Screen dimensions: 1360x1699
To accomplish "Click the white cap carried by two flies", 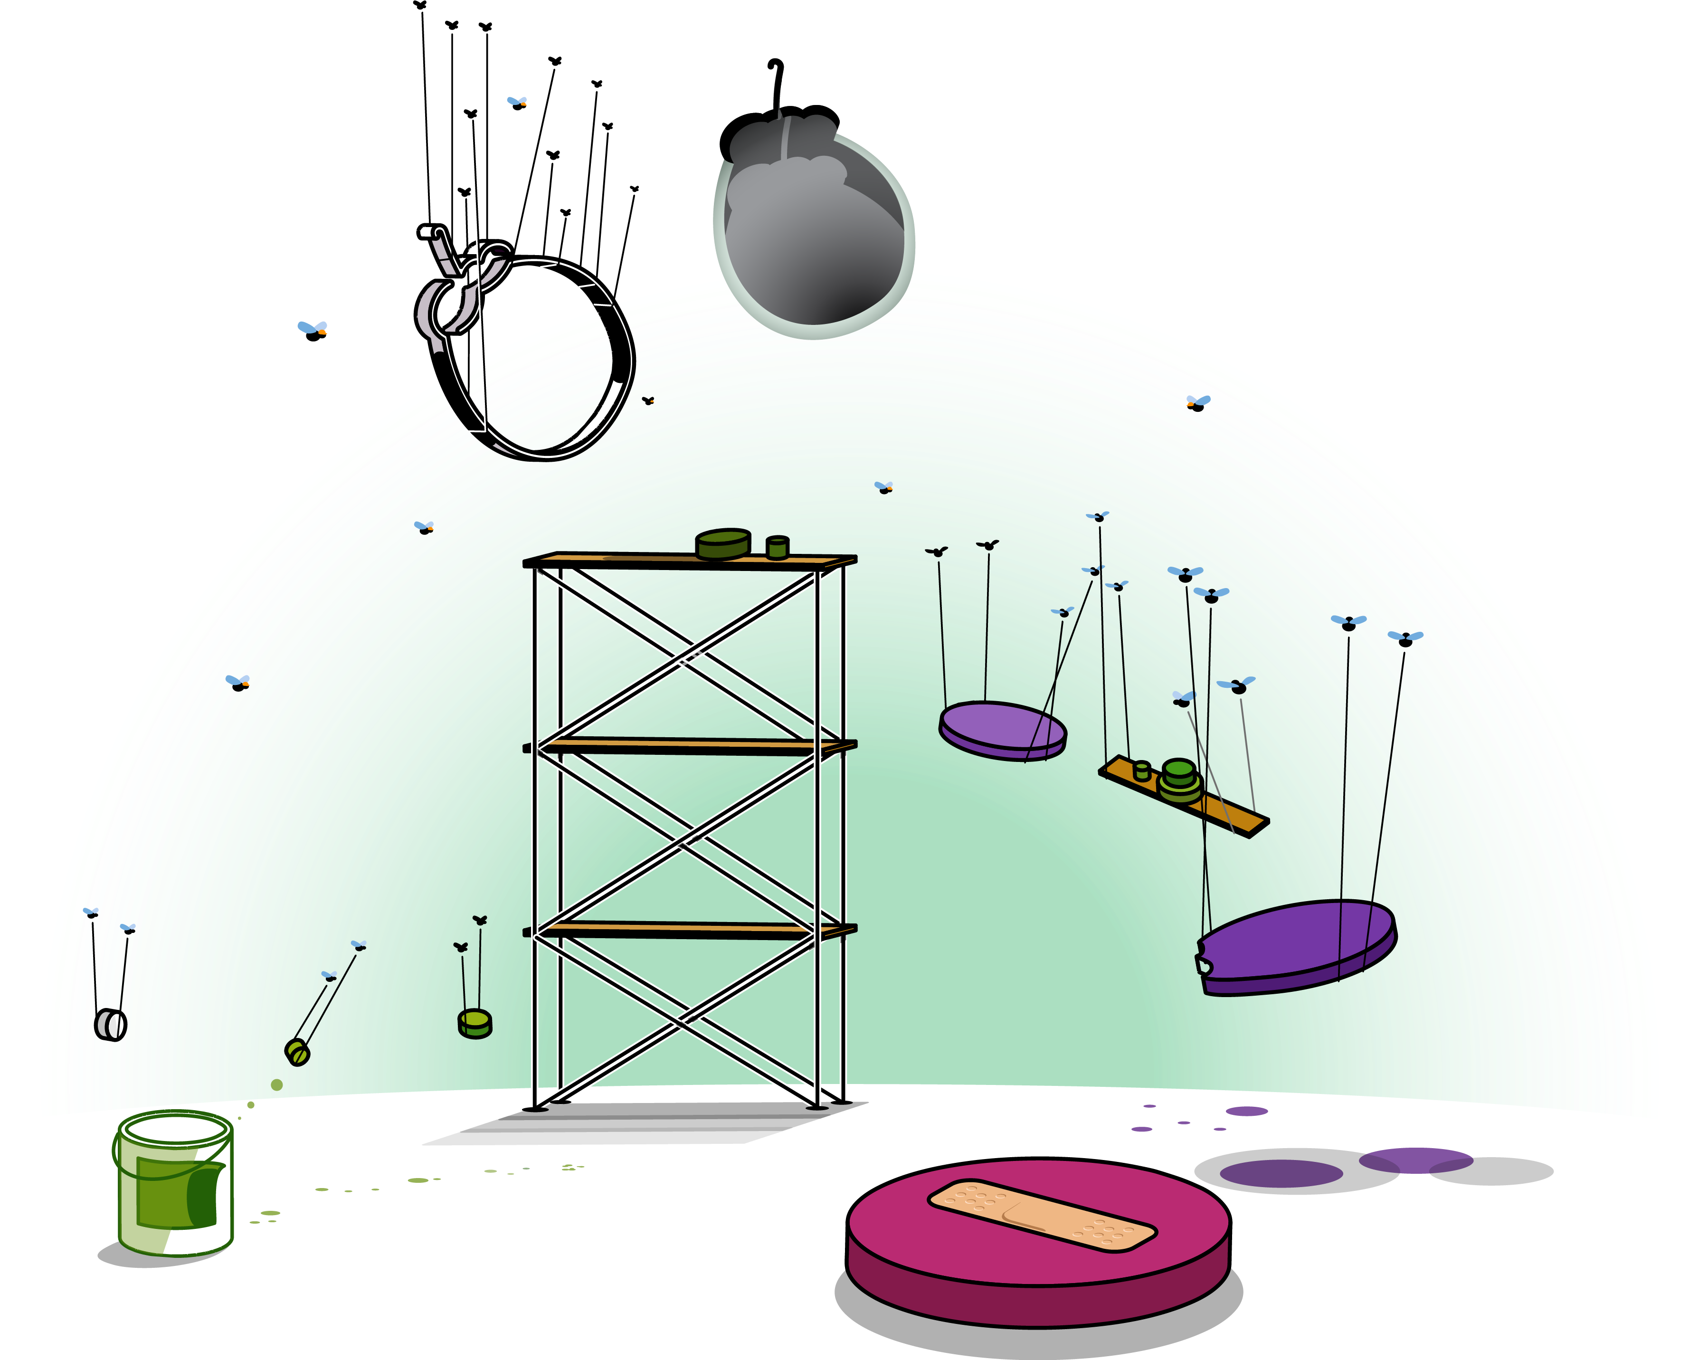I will pyautogui.click(x=110, y=1024).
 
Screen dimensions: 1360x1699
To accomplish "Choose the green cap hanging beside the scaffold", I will pyautogui.click(x=475, y=1024).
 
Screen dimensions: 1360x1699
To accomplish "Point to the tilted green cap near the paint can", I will pyautogui.click(x=297, y=1052).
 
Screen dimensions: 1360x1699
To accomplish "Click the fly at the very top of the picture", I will pyautogui.click(x=517, y=101).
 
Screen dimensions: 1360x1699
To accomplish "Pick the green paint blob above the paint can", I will pyautogui.click(x=276, y=1085).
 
